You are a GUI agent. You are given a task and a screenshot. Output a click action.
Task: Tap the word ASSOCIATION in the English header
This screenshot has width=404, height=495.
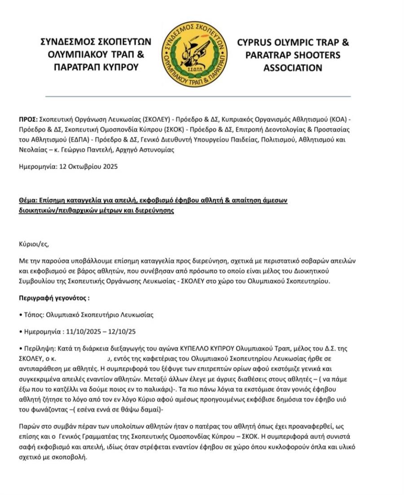click(x=293, y=68)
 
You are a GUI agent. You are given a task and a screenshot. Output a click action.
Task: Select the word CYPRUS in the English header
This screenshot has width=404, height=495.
click(x=256, y=43)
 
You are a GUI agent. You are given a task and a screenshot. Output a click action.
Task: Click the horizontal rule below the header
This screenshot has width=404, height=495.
click(x=198, y=96)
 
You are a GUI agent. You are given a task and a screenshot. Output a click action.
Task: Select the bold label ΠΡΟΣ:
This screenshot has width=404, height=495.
click(x=28, y=120)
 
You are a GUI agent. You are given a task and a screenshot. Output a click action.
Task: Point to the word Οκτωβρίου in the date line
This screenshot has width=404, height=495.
click(x=84, y=166)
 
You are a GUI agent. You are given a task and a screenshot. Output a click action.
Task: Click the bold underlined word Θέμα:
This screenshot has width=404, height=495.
click(x=29, y=201)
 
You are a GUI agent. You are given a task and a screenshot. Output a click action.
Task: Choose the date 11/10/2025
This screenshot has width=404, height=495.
click(x=80, y=332)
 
